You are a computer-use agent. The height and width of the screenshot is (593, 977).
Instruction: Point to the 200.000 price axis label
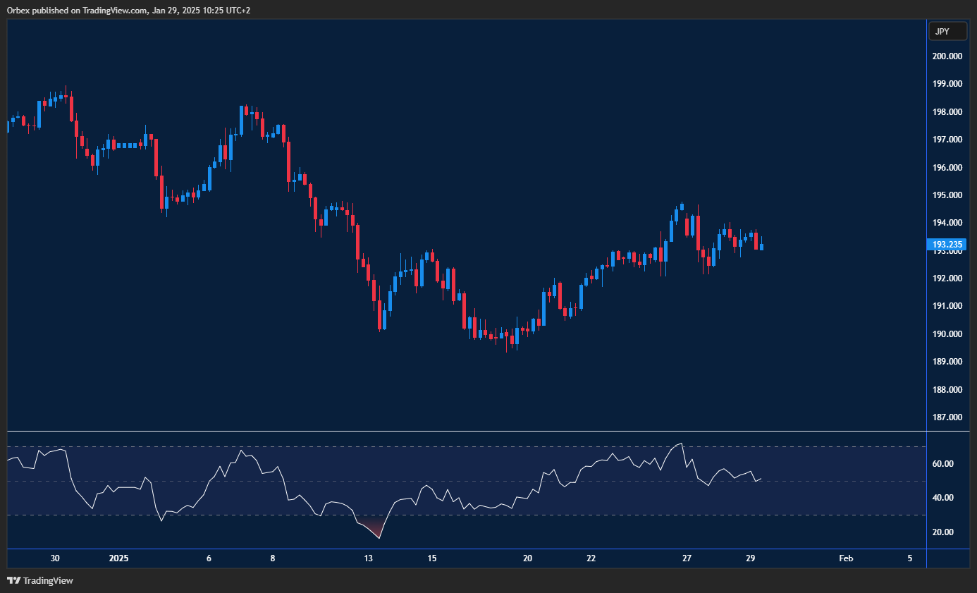tap(948, 56)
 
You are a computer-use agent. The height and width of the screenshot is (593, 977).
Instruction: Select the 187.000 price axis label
tap(948, 417)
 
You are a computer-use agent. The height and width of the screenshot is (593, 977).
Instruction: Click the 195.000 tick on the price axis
tap(948, 195)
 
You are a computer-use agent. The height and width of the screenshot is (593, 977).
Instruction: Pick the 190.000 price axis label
tap(948, 334)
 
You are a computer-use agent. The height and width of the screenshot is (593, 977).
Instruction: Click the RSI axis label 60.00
tap(943, 464)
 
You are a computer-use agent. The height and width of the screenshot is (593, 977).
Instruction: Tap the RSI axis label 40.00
tap(943, 498)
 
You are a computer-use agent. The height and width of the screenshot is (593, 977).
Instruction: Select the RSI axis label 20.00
tap(943, 532)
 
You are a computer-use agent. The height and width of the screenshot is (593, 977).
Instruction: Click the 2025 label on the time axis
tap(119, 558)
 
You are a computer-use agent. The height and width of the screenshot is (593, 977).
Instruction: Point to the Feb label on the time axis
tap(846, 558)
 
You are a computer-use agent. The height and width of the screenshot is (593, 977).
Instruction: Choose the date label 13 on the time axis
tap(368, 558)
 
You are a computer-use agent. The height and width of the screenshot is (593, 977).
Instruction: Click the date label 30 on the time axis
tap(55, 558)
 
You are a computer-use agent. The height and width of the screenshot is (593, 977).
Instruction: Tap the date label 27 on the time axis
tap(687, 558)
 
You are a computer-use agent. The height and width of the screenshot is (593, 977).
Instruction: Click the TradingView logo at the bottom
tap(40, 581)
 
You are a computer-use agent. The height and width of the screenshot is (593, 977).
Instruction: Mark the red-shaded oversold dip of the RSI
tap(376, 530)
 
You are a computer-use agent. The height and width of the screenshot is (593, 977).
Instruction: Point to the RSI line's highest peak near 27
tap(680, 444)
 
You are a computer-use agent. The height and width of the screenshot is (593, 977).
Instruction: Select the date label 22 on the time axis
tap(591, 558)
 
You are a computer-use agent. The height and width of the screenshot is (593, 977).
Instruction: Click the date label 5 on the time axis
tap(909, 558)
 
